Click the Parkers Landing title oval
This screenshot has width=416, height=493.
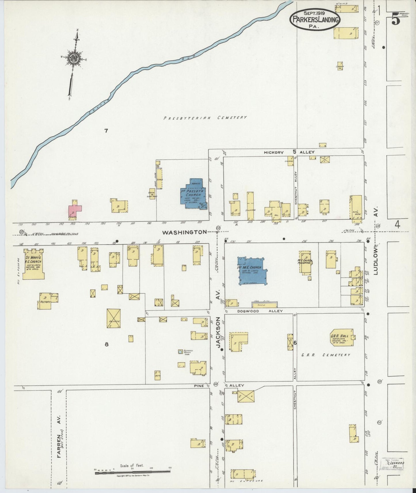[x=315, y=19]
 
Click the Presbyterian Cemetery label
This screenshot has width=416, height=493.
[x=205, y=118]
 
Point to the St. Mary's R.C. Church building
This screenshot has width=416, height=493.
[x=33, y=264]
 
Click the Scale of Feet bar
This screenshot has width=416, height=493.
[x=133, y=471]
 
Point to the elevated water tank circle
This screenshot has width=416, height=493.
[x=180, y=351]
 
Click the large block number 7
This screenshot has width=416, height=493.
[x=106, y=131]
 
